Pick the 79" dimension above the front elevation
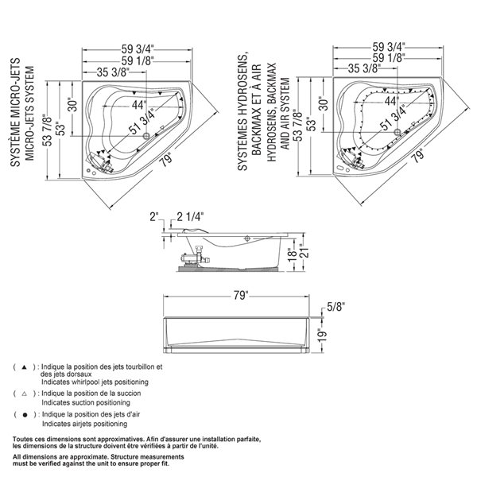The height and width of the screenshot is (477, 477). [x=242, y=297]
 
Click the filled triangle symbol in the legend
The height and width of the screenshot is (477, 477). [x=25, y=367]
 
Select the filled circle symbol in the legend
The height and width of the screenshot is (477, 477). [x=25, y=415]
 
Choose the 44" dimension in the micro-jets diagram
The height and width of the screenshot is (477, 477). [x=139, y=104]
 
